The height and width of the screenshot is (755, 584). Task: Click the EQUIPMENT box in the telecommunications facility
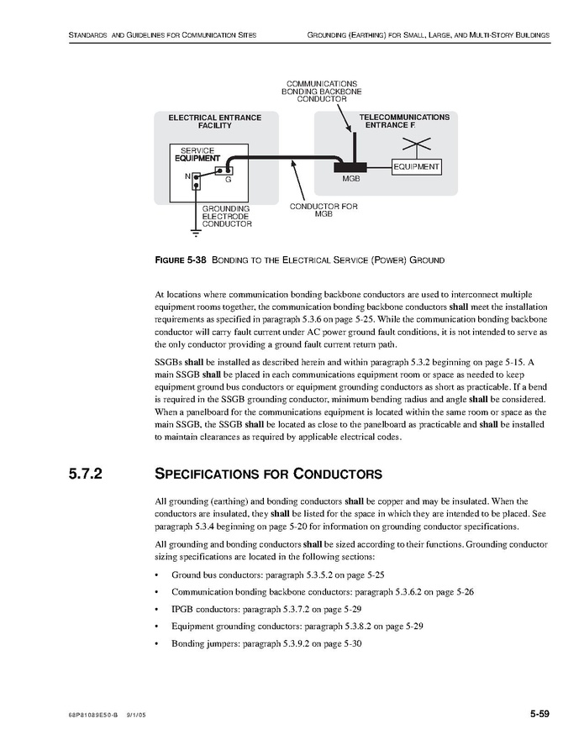click(x=416, y=167)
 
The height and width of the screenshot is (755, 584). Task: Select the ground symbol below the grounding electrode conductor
click(x=197, y=233)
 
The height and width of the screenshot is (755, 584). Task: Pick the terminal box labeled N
click(x=196, y=181)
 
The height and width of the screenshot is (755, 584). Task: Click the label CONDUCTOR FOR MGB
click(x=324, y=210)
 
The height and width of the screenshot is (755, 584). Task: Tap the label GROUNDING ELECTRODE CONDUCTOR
click(x=227, y=216)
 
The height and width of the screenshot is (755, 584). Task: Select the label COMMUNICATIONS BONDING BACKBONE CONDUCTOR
click(x=322, y=92)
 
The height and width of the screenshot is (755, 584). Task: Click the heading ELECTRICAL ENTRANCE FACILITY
click(x=214, y=121)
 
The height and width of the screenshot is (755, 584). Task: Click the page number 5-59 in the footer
click(x=539, y=715)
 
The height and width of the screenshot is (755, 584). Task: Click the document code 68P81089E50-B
click(x=95, y=716)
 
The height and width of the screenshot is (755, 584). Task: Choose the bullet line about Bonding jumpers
click(x=266, y=643)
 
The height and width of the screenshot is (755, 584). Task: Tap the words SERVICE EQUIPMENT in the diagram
click(x=197, y=155)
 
